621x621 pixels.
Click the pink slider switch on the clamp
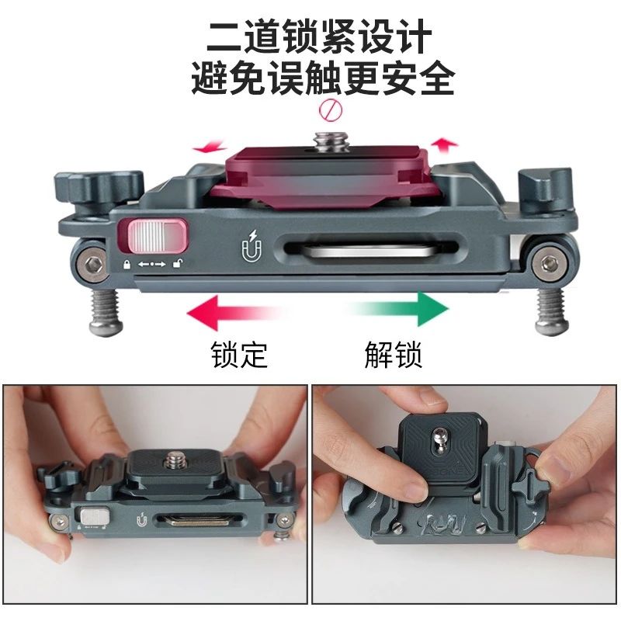[157, 236]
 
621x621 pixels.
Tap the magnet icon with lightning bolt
[252, 246]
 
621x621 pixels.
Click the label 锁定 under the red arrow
[239, 354]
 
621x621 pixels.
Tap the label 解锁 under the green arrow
[394, 354]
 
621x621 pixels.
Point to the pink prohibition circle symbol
[331, 110]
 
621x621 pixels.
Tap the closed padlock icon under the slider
[127, 264]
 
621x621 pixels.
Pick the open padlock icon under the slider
[178, 263]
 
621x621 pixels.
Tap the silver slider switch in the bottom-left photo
[95, 516]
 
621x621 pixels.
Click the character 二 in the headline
[224, 36]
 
